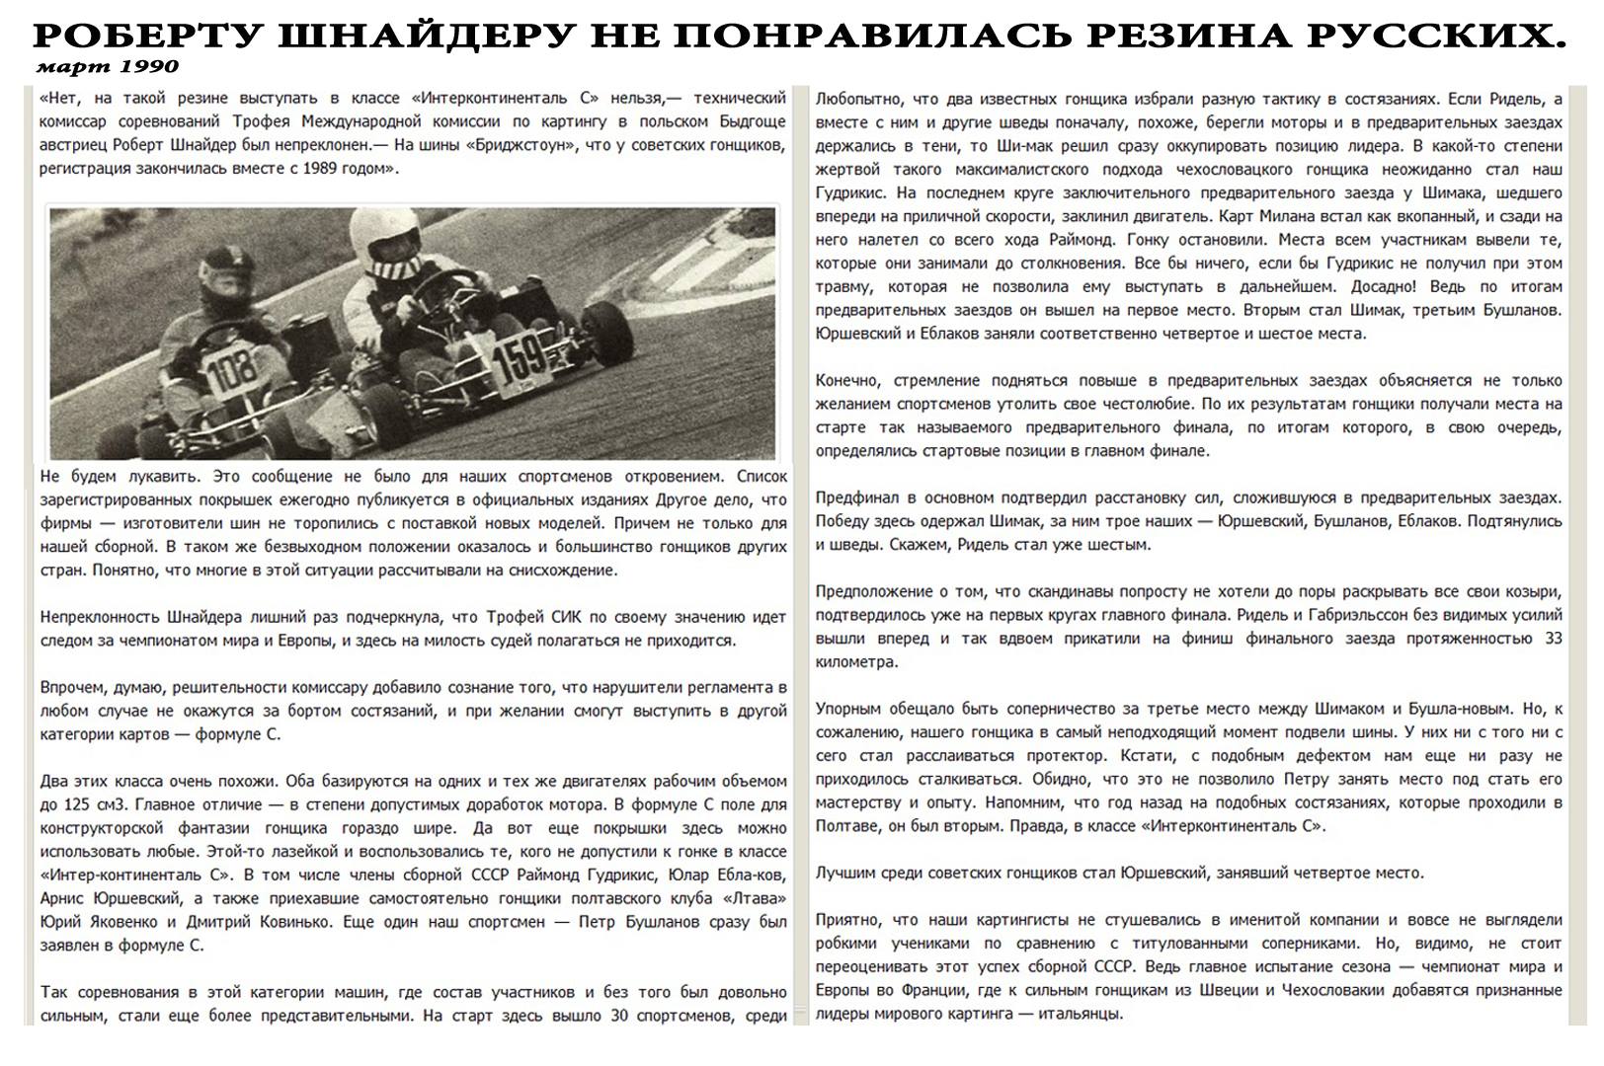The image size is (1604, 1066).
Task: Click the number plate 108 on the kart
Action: pyautogui.click(x=232, y=373)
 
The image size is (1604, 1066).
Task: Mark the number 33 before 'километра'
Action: pyautogui.click(x=1552, y=638)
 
